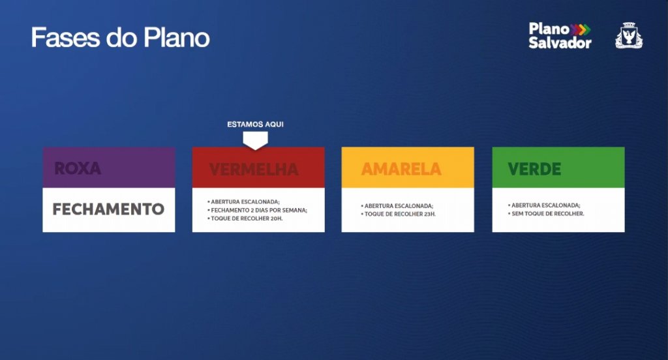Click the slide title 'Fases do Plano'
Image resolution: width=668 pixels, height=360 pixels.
coord(121,37)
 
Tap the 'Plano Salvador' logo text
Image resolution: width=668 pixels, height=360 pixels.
coord(560,36)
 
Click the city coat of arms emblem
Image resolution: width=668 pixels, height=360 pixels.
coord(629,35)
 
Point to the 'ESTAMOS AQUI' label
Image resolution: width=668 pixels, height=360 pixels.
coord(255,125)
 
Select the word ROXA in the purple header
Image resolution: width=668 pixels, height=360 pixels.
coord(78,168)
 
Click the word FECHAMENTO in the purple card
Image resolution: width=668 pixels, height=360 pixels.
coord(108,209)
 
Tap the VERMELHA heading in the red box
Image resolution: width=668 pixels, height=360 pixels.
coord(254,170)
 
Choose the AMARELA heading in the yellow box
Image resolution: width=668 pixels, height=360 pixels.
coord(401,169)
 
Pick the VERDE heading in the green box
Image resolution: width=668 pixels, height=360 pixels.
coord(534,169)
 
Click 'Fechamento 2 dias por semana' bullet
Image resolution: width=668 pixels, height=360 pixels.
coord(257,210)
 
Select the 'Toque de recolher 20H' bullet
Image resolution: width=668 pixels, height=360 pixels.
coord(245,218)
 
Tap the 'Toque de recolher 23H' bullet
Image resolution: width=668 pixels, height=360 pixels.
coord(399,214)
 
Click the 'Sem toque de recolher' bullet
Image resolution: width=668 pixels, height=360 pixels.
coord(546,213)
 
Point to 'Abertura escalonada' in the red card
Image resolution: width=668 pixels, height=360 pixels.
coord(244,202)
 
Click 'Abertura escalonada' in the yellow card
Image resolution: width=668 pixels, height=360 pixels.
coord(397,206)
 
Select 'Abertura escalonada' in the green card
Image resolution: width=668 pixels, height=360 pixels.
coord(544,205)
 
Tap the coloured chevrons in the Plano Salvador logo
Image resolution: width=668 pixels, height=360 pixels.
coord(581,29)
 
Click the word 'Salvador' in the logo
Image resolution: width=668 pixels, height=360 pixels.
coord(560,42)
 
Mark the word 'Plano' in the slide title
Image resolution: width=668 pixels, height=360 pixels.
coord(176,37)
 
